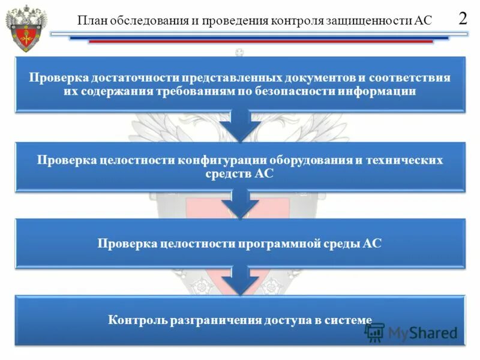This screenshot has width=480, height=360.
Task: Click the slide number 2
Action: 463,17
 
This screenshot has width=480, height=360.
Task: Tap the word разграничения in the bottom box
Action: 209,320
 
